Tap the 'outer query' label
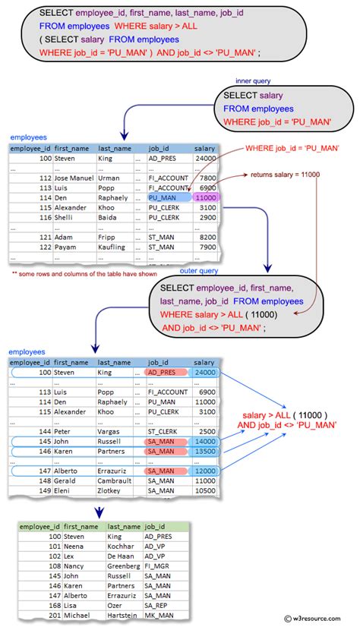coord(199,271)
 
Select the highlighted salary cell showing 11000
coord(205,197)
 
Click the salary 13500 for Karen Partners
coord(205,450)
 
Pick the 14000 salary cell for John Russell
coord(205,440)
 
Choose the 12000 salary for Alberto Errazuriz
coord(205,471)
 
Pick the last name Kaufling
coord(113,247)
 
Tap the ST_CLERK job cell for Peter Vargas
coord(163,430)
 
